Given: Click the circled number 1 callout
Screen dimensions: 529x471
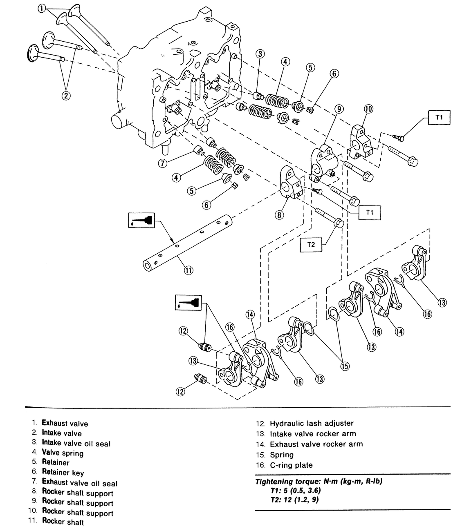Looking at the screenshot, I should point(42,9).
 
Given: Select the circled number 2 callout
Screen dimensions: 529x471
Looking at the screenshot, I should point(66,96).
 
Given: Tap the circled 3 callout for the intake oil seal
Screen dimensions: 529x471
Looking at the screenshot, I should point(260,54).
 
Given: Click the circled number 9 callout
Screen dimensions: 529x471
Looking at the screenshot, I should point(339,109).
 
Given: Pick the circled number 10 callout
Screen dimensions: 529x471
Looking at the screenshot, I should point(368,109).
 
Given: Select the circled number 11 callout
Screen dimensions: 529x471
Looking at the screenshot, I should point(188,270).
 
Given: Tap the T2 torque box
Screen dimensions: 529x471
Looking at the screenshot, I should point(311,245).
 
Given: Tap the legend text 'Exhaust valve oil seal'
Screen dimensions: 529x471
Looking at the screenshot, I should point(80,483).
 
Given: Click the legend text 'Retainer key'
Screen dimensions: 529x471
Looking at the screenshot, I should point(63,473).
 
